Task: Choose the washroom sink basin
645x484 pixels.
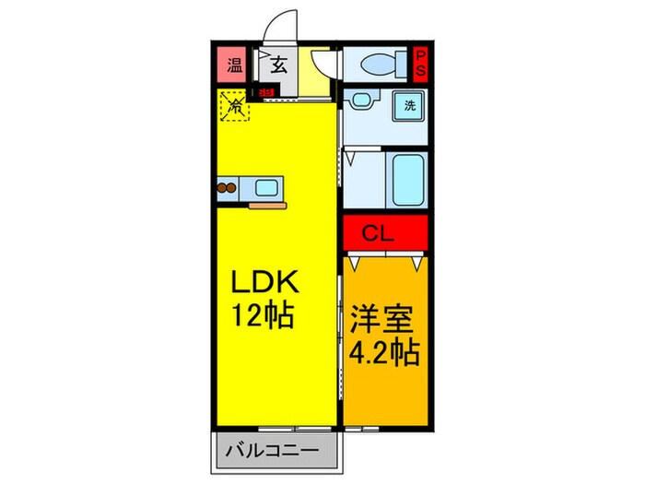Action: (360, 100)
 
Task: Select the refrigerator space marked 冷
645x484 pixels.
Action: (235, 106)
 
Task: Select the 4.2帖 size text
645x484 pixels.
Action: (384, 351)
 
